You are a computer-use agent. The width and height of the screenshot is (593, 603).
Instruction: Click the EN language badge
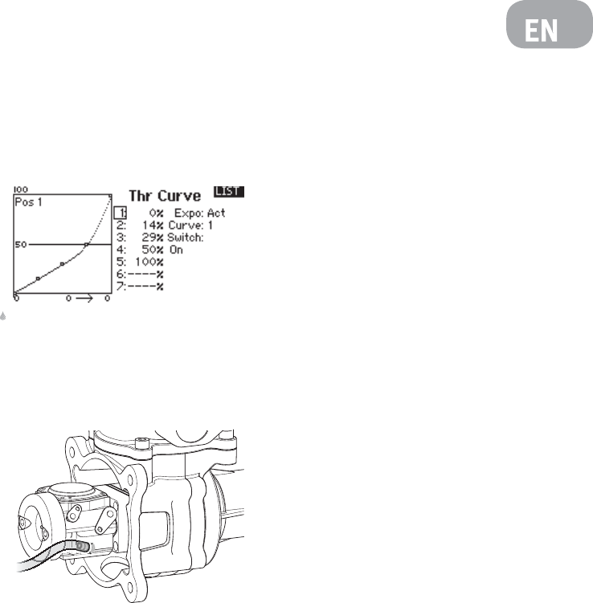549,24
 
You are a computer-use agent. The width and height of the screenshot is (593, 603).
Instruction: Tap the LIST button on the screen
228,192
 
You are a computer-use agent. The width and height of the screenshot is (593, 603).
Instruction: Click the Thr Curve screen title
165,196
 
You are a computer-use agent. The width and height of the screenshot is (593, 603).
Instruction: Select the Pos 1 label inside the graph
28,202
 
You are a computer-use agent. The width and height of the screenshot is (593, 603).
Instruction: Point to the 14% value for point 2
153,226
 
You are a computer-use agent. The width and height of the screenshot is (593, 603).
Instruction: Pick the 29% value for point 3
153,238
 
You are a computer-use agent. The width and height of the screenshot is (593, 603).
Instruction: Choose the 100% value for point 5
149,263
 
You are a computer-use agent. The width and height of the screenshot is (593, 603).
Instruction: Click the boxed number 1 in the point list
121,213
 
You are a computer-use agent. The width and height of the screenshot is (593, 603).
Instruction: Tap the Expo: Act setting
200,213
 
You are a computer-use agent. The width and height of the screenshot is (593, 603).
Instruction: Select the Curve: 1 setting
190,226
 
